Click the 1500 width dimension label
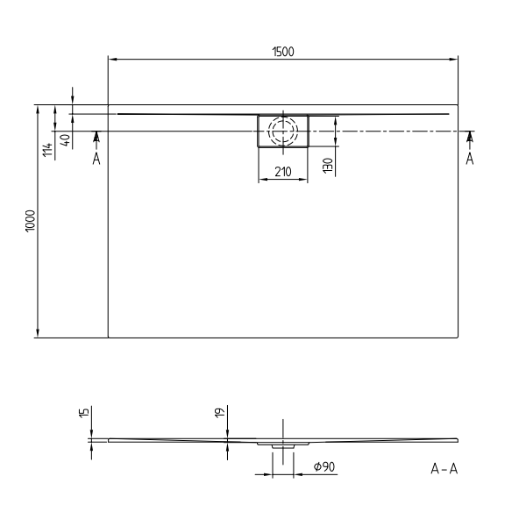point(282,52)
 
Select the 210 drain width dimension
point(282,172)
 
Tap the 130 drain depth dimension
point(326,164)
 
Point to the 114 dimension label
point(48,149)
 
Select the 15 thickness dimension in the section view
point(83,414)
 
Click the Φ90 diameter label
point(324,467)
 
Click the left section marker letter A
point(96,159)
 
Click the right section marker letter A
point(470,159)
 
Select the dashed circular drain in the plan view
point(282,131)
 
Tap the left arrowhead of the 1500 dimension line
point(111,60)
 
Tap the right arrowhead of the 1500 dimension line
point(455,60)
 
